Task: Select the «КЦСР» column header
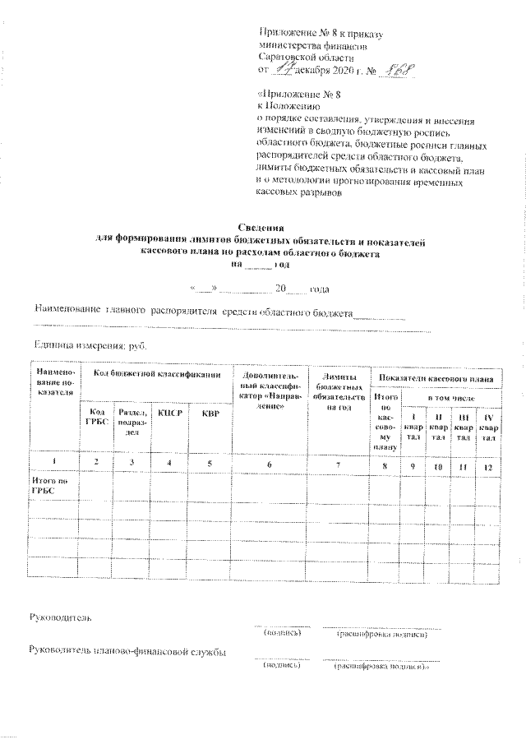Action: pos(168,414)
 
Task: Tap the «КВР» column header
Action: pos(210,414)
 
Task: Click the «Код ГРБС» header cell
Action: pos(95,418)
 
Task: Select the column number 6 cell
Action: pos(269,465)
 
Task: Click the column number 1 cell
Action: pos(53,465)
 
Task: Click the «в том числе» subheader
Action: pos(454,397)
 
